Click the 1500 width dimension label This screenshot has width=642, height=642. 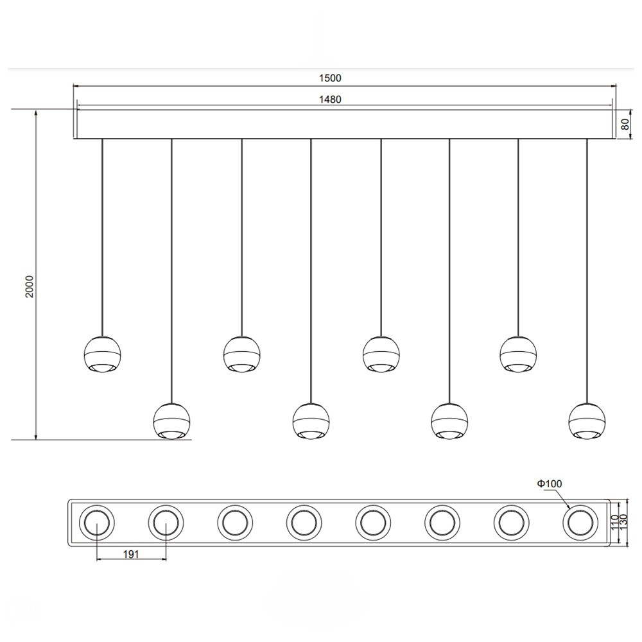pos(330,78)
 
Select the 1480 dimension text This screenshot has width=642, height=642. pos(330,99)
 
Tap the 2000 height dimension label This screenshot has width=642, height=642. pos(30,286)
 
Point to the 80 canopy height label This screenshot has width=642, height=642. pos(625,124)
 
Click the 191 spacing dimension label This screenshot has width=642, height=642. pos(131,554)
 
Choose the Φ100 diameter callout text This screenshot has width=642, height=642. pos(550,483)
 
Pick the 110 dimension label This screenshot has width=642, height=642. pos(614,523)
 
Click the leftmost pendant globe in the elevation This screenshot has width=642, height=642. pos(102,354)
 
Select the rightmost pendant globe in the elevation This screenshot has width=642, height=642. pos(587,421)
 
